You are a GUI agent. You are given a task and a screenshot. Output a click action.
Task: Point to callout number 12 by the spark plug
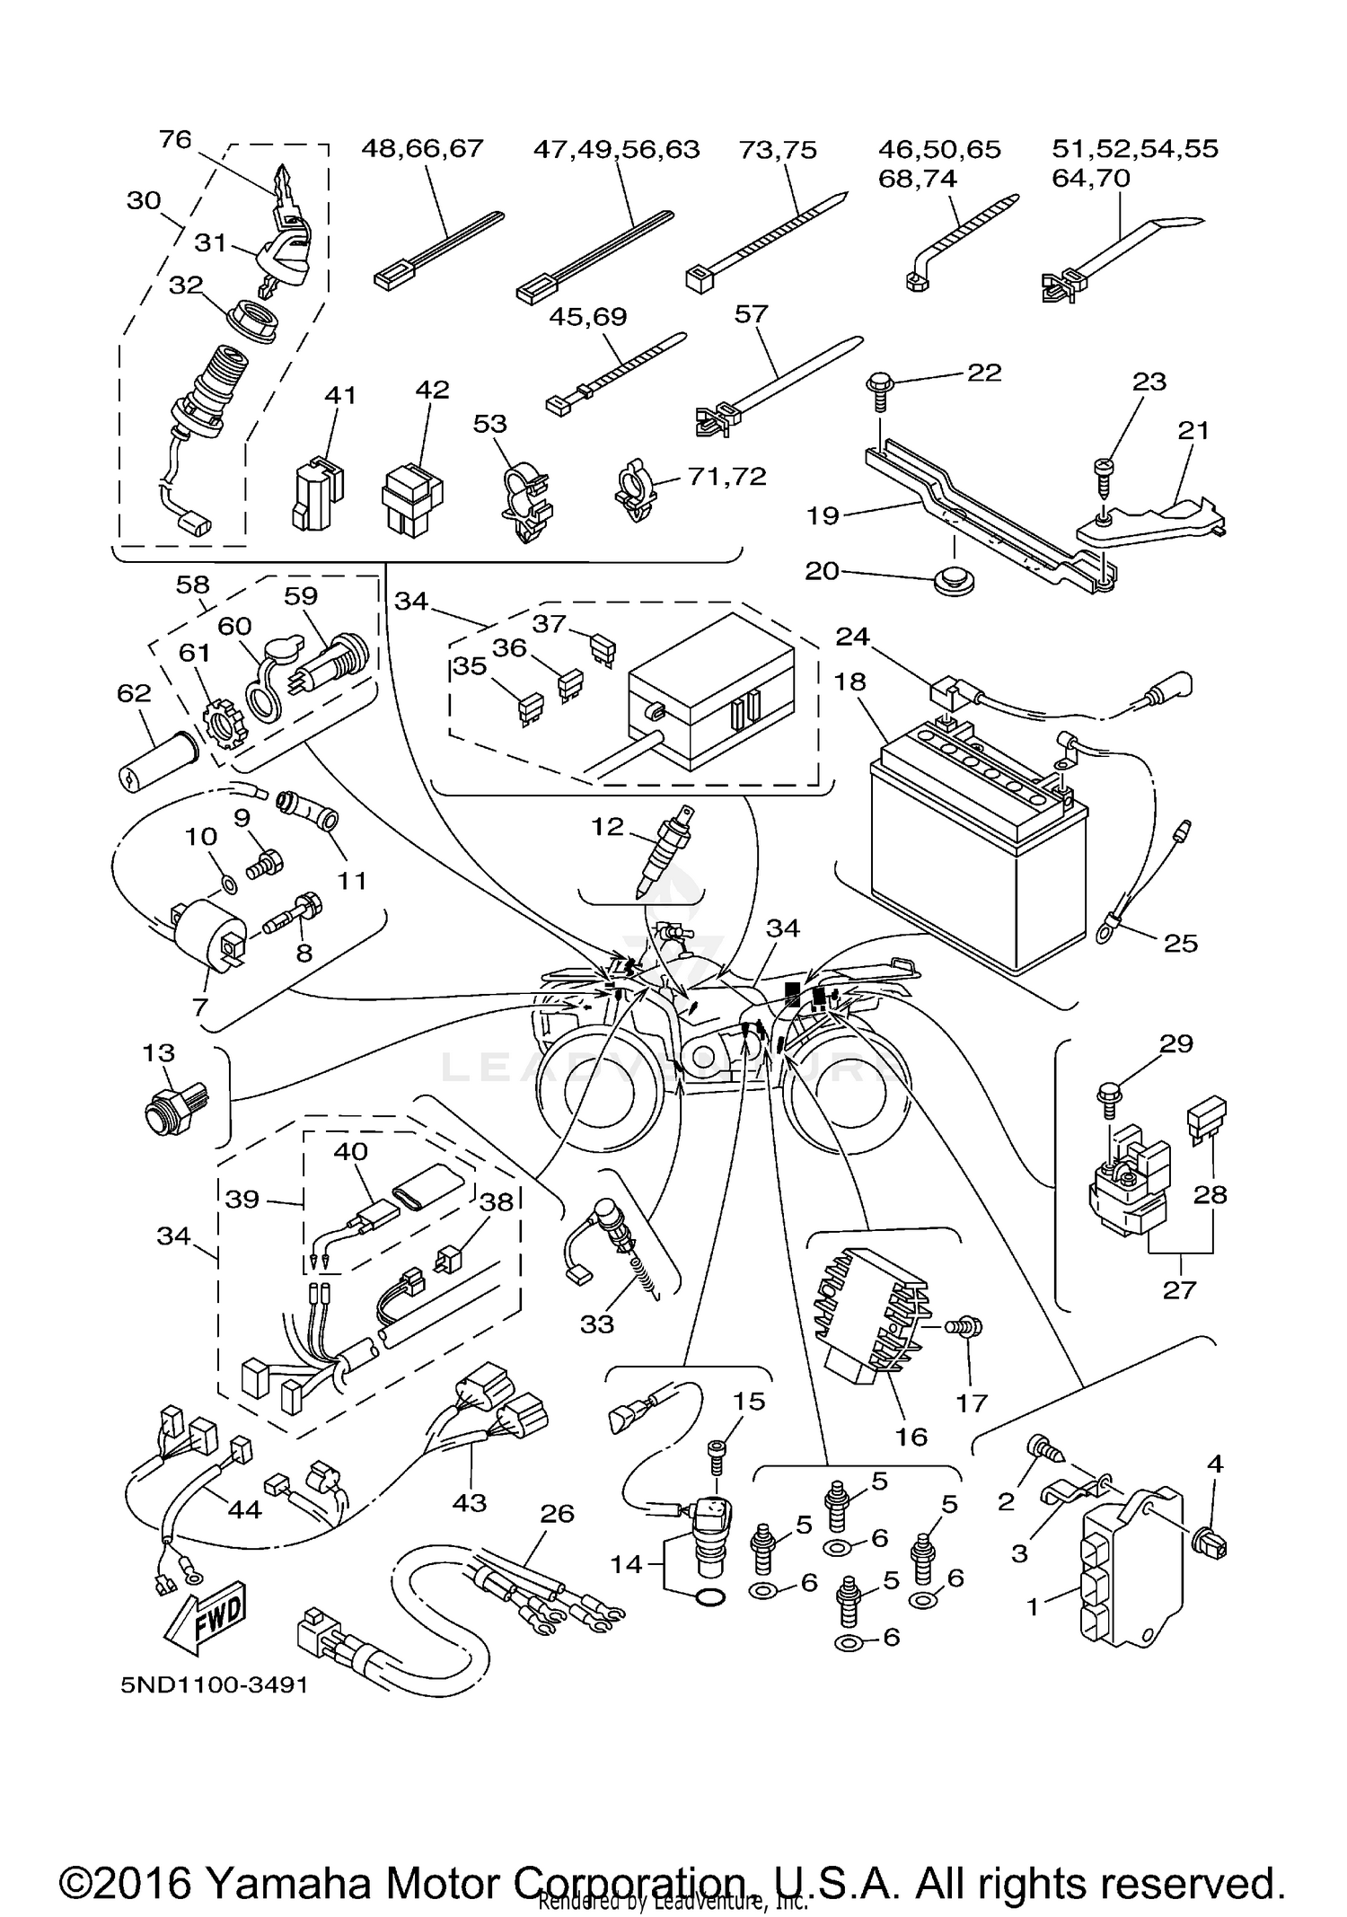click(607, 826)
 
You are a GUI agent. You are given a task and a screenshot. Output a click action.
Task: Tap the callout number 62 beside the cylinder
click(134, 693)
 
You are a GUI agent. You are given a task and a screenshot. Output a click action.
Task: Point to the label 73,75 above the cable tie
click(778, 150)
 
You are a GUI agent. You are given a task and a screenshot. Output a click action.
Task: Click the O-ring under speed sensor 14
click(709, 1596)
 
